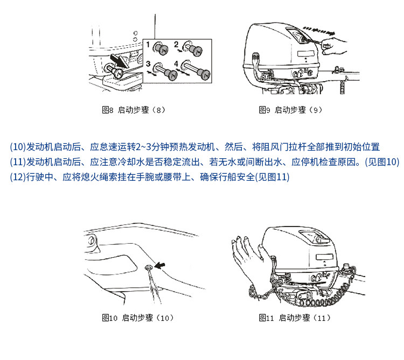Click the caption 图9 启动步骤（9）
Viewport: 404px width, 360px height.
[x=290, y=110]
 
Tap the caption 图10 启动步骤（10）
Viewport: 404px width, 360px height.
[x=138, y=317]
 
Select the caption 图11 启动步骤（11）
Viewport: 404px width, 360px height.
[x=295, y=317]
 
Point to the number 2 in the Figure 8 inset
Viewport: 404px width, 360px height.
[x=177, y=44]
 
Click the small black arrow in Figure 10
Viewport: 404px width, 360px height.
[x=160, y=264]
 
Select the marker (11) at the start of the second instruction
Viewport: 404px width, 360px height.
[x=18, y=162]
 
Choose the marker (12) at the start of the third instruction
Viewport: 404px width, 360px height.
[x=18, y=177]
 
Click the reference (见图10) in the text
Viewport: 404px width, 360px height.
[x=382, y=162]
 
